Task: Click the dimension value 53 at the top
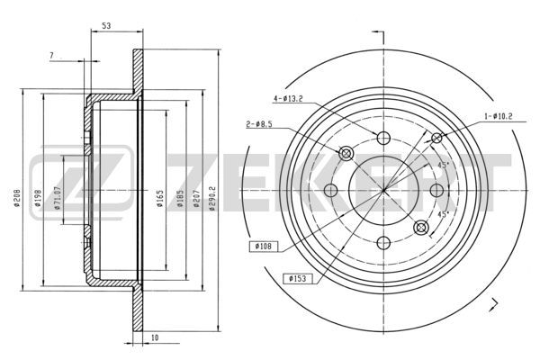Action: click(x=106, y=25)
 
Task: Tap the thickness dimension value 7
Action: click(x=51, y=55)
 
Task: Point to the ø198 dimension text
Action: click(x=38, y=197)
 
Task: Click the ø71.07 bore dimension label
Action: click(x=58, y=198)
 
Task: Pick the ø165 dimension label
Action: click(x=160, y=198)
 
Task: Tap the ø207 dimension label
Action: click(x=196, y=198)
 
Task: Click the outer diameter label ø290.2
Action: click(x=212, y=198)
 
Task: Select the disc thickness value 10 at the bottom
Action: click(x=155, y=337)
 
